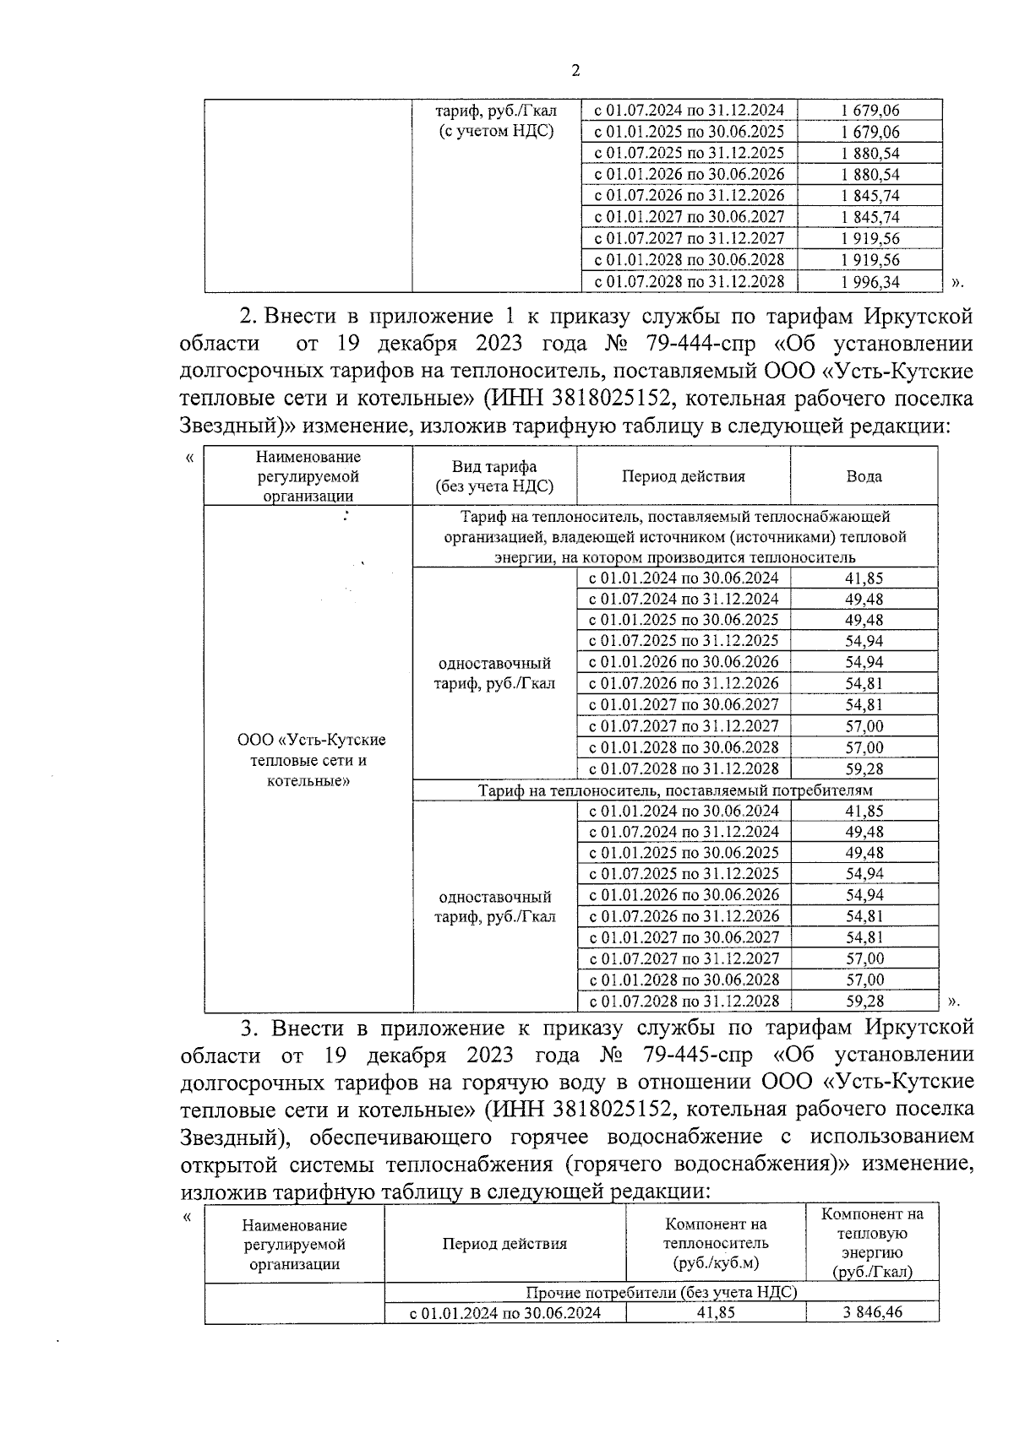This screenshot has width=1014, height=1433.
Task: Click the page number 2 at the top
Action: coord(575,71)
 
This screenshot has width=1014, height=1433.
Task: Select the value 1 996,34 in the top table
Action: coord(870,282)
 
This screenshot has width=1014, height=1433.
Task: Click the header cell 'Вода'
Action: coord(864,476)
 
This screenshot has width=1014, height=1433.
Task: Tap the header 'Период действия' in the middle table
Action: coord(684,476)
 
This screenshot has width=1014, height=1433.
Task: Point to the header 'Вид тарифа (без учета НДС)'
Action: coord(494,477)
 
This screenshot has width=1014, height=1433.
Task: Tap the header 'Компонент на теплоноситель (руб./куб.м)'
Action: coord(716,1244)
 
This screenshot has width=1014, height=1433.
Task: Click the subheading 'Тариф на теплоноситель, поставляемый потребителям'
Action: coord(674,790)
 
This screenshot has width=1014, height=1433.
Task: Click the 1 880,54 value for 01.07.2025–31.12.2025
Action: coord(870,154)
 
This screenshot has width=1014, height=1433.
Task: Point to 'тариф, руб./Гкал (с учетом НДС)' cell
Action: coord(496,121)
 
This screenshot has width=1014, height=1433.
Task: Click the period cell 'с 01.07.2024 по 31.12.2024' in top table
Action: coord(689,111)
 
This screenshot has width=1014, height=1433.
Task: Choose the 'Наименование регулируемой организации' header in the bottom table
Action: coord(294,1244)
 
